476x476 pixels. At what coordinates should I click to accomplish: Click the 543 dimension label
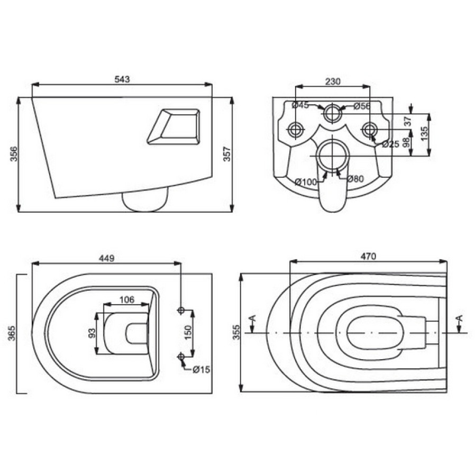point(122,79)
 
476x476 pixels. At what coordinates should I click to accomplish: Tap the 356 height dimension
point(14,154)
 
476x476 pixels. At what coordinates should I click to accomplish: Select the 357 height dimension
point(227,154)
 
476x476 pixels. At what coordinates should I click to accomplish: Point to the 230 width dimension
point(333,81)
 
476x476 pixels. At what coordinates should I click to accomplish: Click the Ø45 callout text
point(300,105)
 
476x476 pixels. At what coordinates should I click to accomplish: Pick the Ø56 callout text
point(362,106)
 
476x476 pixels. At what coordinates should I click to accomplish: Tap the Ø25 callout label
point(390,144)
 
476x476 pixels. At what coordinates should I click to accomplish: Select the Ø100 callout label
point(306,182)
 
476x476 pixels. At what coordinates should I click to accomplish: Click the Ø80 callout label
point(355,179)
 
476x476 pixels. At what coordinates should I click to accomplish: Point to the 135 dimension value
point(424,133)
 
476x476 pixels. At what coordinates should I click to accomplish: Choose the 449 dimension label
point(106,258)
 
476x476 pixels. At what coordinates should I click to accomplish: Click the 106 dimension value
point(126,300)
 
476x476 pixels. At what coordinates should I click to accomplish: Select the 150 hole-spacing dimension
point(188,333)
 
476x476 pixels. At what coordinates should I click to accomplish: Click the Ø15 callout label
point(202,370)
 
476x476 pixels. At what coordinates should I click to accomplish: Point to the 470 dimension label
point(368,257)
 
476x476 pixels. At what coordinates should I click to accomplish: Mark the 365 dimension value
point(12,333)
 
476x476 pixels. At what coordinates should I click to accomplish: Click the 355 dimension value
point(236,332)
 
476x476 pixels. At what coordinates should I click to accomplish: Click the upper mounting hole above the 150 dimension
point(181,310)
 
